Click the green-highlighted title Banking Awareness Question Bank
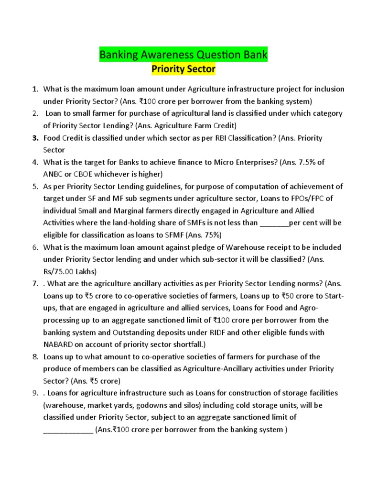[183, 55]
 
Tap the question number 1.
[34, 89]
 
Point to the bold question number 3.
[35, 138]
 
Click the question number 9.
[35, 393]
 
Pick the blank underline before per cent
[275, 223]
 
